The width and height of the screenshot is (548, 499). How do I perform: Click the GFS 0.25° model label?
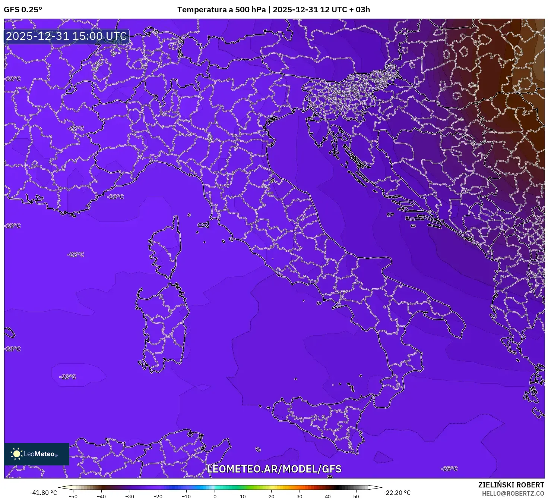tap(23, 10)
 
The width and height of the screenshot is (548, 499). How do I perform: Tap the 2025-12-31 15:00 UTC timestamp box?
tap(67, 36)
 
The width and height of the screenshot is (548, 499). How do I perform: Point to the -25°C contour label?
tap(449, 468)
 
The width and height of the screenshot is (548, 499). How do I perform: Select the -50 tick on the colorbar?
tap(73, 496)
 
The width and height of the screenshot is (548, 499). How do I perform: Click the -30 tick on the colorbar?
tap(130, 496)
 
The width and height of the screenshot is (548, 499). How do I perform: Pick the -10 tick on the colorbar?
tap(186, 496)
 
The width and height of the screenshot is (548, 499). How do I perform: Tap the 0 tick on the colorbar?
tap(215, 496)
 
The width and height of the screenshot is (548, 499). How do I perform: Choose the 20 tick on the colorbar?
tap(272, 496)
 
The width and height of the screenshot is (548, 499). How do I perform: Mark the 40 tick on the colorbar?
tap(328, 496)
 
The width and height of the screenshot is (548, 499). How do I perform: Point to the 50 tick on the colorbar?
tap(356, 496)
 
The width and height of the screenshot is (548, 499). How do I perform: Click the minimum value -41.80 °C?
tap(44, 493)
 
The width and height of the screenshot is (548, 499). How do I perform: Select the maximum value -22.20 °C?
tap(397, 493)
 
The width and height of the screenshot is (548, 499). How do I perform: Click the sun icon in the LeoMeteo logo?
tap(16, 454)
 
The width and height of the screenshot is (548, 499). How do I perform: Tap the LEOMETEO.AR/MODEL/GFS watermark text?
tap(274, 469)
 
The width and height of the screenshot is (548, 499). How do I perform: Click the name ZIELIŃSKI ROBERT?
tap(511, 485)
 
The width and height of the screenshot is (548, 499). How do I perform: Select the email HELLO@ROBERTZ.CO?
tap(513, 493)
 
